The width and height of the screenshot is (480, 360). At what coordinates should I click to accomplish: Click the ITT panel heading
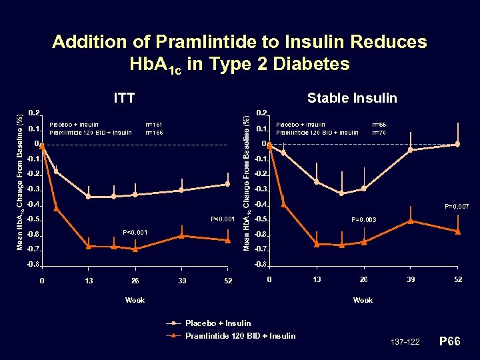(125, 98)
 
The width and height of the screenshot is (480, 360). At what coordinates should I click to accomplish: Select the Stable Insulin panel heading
(351, 98)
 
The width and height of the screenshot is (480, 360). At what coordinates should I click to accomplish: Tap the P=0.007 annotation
(457, 207)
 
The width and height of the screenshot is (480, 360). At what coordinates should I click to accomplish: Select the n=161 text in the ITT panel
(154, 125)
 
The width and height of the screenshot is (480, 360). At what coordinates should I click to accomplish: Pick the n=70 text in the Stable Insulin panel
(379, 132)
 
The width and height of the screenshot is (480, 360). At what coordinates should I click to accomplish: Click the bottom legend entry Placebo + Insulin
(218, 323)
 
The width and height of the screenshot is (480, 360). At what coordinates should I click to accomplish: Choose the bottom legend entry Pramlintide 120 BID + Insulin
(240, 335)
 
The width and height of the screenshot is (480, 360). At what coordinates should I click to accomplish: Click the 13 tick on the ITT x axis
(89, 281)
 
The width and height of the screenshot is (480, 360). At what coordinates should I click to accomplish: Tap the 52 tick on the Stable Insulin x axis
(457, 279)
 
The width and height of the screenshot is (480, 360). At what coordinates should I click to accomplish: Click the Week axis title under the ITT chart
(135, 300)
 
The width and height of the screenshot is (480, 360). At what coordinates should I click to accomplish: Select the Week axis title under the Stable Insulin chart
(363, 300)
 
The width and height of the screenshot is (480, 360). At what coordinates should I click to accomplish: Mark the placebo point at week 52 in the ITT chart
(228, 184)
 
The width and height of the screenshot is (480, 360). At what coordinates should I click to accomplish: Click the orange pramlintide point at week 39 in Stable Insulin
(411, 221)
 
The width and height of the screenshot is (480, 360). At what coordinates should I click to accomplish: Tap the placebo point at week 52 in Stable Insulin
(457, 145)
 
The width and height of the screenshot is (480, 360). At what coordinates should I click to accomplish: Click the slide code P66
(451, 341)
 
